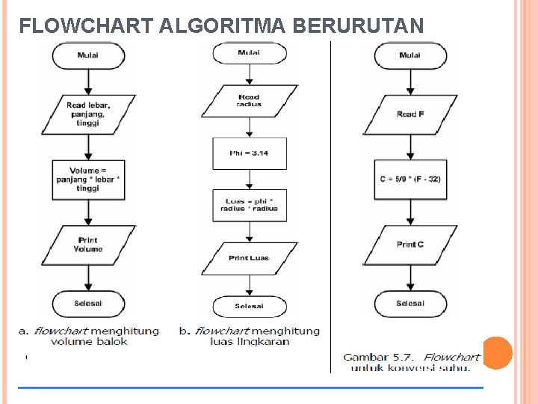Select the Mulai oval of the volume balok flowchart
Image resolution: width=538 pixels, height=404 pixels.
[x=88, y=55]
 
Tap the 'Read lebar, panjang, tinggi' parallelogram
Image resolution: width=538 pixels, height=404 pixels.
[x=88, y=114]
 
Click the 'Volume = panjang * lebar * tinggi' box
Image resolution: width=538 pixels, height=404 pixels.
[x=88, y=180]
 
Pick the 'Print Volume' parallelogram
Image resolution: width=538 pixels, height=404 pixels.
[x=88, y=245]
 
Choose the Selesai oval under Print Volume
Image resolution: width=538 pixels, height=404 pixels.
[x=88, y=303]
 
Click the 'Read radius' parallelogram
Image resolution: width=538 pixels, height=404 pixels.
[x=249, y=101]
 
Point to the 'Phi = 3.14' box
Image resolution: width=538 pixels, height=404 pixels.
[x=249, y=153]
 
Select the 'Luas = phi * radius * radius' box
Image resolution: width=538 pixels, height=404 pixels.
[x=249, y=204]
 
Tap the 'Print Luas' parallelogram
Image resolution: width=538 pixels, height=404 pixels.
[x=249, y=258]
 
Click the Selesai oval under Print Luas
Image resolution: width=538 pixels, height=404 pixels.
[x=249, y=306]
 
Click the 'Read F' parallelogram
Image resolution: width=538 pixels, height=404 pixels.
[x=410, y=114]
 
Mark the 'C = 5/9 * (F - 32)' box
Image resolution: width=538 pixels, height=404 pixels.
[x=410, y=180]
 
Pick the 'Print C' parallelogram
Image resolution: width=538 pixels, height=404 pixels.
[x=410, y=245]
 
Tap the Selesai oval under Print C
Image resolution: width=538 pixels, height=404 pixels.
[x=410, y=303]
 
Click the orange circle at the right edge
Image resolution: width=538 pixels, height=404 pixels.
[x=498, y=352]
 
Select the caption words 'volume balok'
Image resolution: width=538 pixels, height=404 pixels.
[x=89, y=342]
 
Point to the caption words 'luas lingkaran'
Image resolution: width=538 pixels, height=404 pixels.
[x=250, y=342]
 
